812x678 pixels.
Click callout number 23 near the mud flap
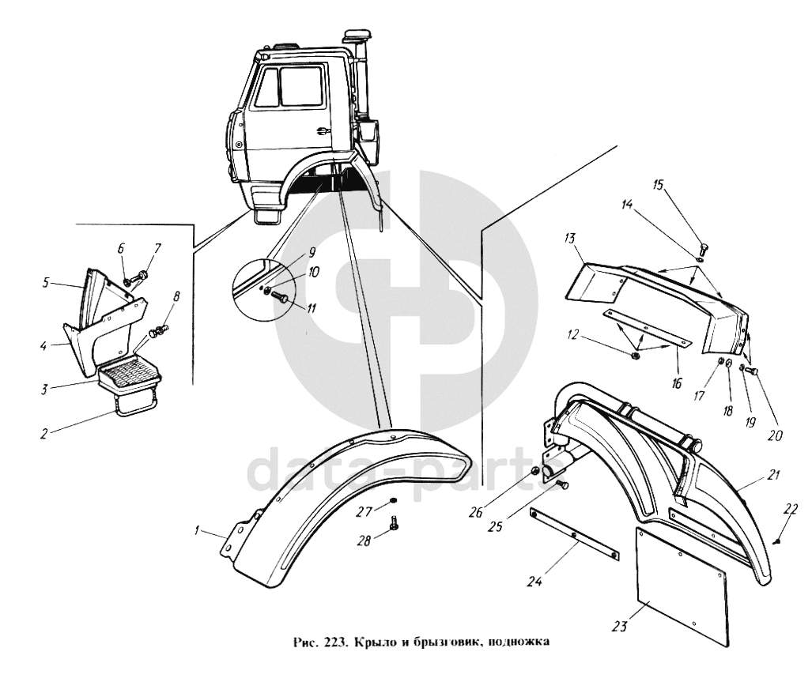coord(620,627)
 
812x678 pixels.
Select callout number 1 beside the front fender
coord(197,530)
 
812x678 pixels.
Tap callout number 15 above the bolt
coord(659,186)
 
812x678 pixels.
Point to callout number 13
coord(570,239)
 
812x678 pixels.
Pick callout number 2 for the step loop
coord(44,433)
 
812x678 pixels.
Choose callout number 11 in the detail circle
coord(311,308)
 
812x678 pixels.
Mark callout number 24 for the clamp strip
coord(535,582)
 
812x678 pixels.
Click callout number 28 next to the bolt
coord(364,541)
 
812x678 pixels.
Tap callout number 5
coord(46,284)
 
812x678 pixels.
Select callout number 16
coord(676,383)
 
